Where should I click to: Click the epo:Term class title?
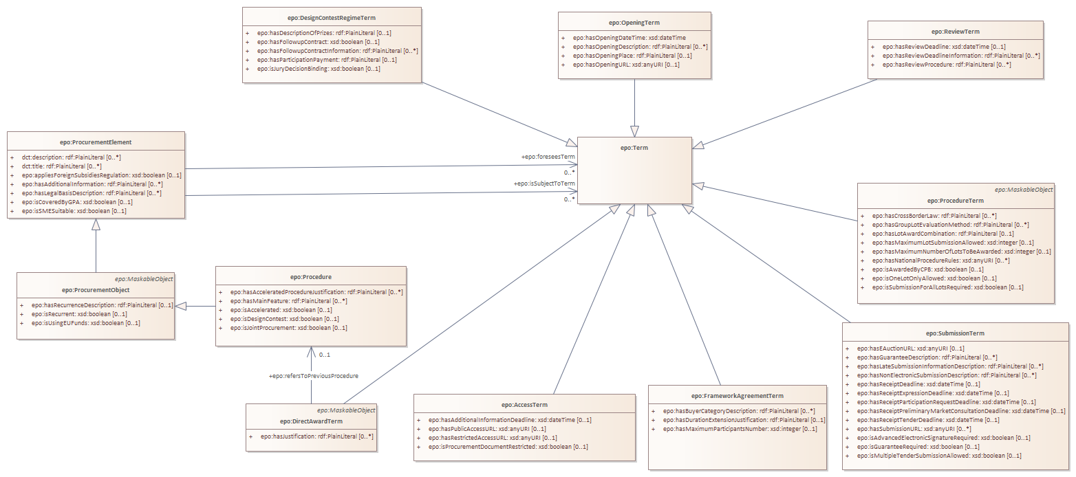click(634, 148)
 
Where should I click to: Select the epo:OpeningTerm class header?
click(634, 23)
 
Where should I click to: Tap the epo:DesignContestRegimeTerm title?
click(332, 17)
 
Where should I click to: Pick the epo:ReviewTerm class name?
click(955, 31)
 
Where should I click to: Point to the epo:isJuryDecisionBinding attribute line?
click(319, 69)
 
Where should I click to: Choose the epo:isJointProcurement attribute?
click(288, 328)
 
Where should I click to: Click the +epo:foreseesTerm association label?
click(548, 157)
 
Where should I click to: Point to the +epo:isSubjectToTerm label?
click(544, 184)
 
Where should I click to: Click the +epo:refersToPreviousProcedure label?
click(313, 376)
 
